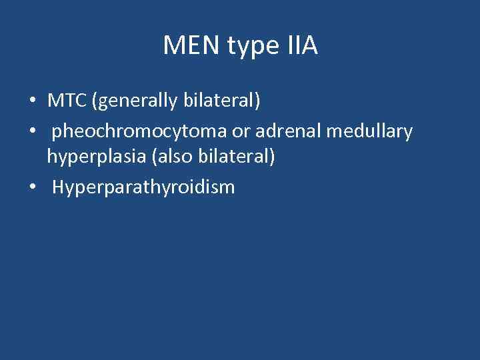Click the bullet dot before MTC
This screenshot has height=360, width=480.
coord(33,102)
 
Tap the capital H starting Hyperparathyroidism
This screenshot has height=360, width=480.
coord(57,187)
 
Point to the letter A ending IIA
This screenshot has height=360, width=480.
coord(310,46)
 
